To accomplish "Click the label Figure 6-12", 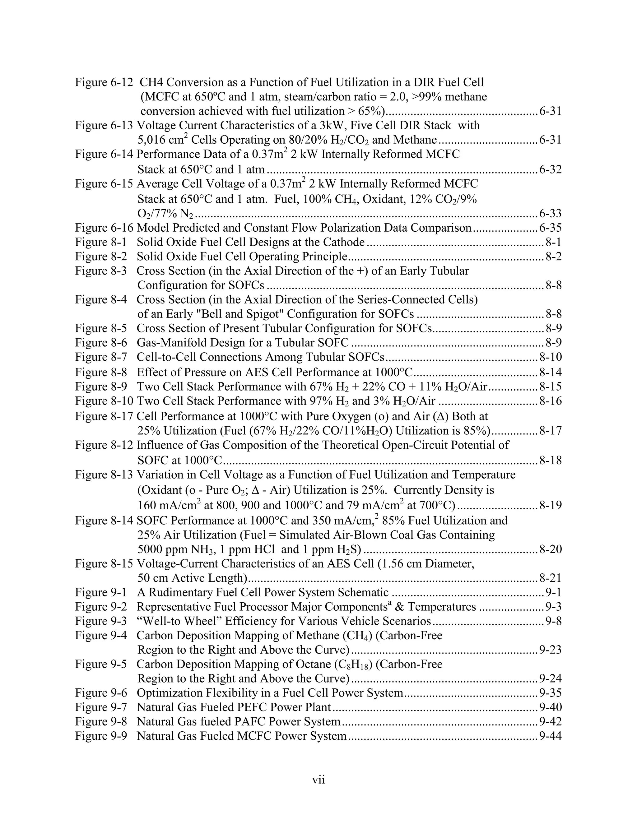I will coord(104,82).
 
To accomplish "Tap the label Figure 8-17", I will coord(104,416).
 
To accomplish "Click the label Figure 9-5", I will coord(101,664).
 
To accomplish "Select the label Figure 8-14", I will coord(104,521).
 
